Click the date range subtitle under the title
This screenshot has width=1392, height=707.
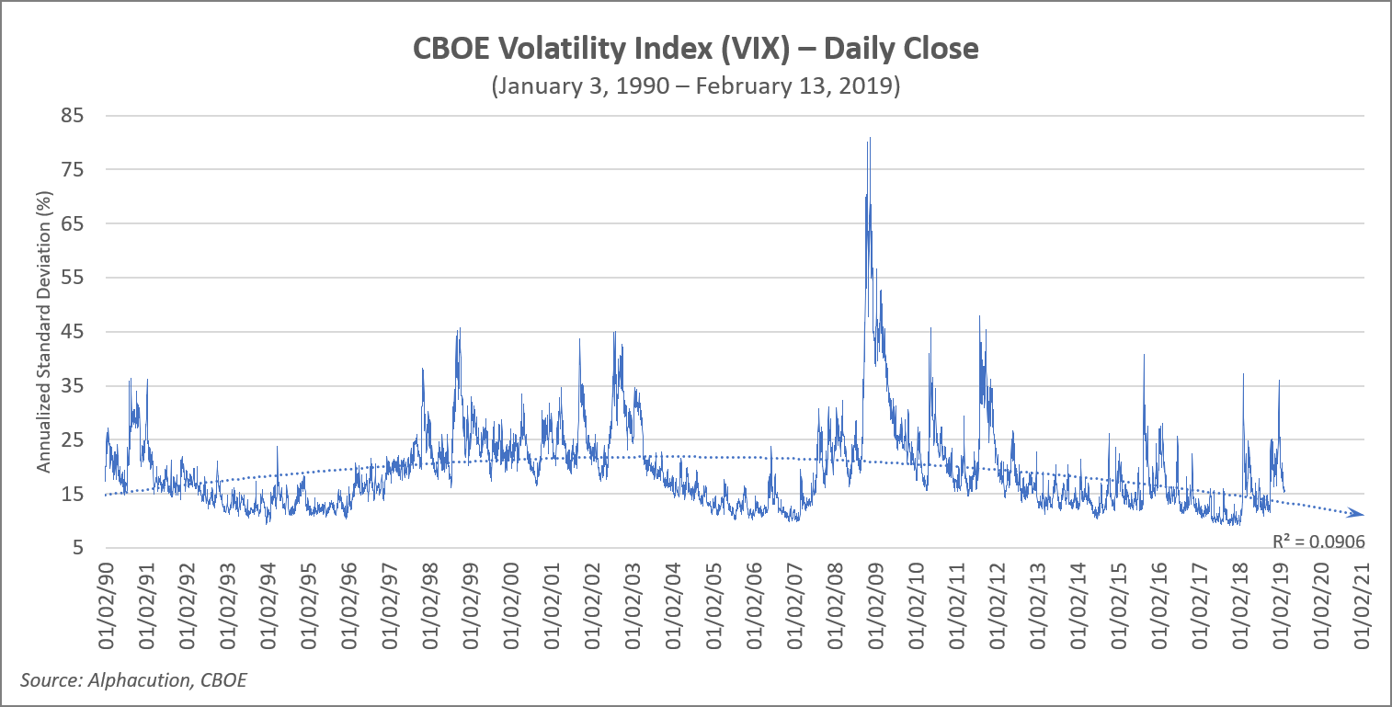click(x=696, y=86)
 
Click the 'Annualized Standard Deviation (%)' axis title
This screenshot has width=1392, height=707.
click(x=42, y=332)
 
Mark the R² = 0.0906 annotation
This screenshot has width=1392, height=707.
click(x=1318, y=542)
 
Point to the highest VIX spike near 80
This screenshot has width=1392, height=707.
click(x=869, y=140)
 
